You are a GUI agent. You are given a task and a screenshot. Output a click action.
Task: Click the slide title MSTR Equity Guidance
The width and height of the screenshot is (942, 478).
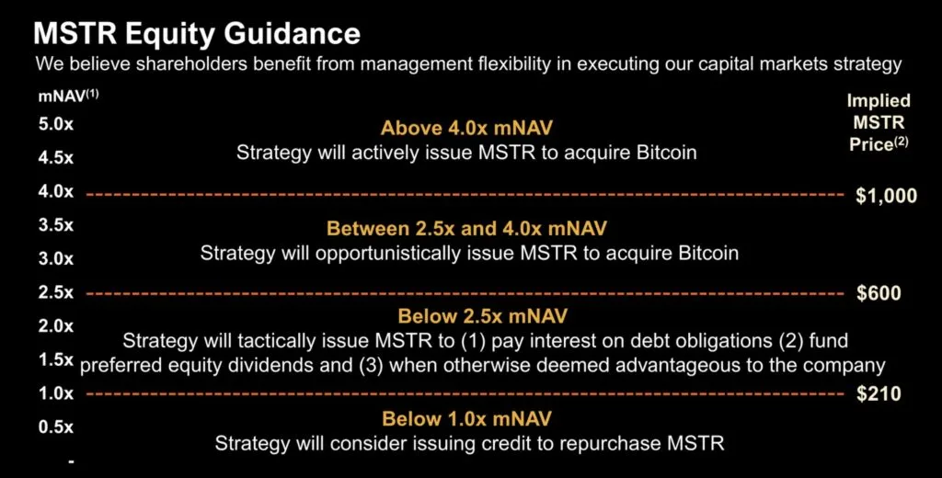197,33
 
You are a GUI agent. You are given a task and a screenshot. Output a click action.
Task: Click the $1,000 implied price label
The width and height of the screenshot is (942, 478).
886,196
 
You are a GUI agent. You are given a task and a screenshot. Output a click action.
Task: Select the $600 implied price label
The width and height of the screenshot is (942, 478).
879,293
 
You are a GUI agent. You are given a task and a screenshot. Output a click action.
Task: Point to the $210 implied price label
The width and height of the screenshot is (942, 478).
879,394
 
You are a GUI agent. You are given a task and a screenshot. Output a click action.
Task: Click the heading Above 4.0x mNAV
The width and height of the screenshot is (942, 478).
466,128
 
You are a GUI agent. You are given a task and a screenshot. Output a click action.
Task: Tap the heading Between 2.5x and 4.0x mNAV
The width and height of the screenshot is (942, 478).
466,228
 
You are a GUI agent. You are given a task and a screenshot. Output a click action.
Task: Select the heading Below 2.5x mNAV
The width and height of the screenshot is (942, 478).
482,316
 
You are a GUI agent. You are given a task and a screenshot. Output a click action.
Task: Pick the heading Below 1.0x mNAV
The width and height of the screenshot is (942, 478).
466,418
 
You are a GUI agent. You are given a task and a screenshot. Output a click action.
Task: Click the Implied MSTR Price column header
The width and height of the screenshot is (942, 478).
879,122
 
